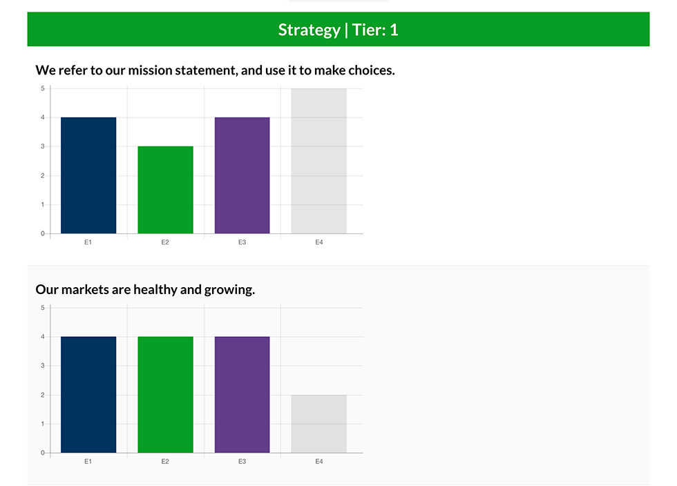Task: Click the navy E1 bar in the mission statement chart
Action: pyautogui.click(x=88, y=175)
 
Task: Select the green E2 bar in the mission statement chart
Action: pyautogui.click(x=165, y=190)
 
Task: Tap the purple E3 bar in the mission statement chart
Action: pyautogui.click(x=242, y=175)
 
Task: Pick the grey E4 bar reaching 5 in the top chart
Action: pyautogui.click(x=319, y=161)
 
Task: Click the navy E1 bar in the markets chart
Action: pyautogui.click(x=88, y=394)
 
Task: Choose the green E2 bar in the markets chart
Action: pyautogui.click(x=165, y=394)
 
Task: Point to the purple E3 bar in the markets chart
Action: pyautogui.click(x=242, y=394)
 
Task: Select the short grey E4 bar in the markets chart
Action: pyautogui.click(x=319, y=424)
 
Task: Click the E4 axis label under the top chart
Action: pyautogui.click(x=319, y=242)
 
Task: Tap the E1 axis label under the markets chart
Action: pyautogui.click(x=88, y=461)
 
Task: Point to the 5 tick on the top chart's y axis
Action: pyautogui.click(x=43, y=88)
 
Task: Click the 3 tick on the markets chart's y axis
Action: pyautogui.click(x=43, y=366)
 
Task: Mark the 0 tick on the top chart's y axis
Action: pyautogui.click(x=43, y=233)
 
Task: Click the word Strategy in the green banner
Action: pyautogui.click(x=309, y=30)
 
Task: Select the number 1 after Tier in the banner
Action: pyautogui.click(x=394, y=30)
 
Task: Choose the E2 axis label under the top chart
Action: pyautogui.click(x=165, y=242)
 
